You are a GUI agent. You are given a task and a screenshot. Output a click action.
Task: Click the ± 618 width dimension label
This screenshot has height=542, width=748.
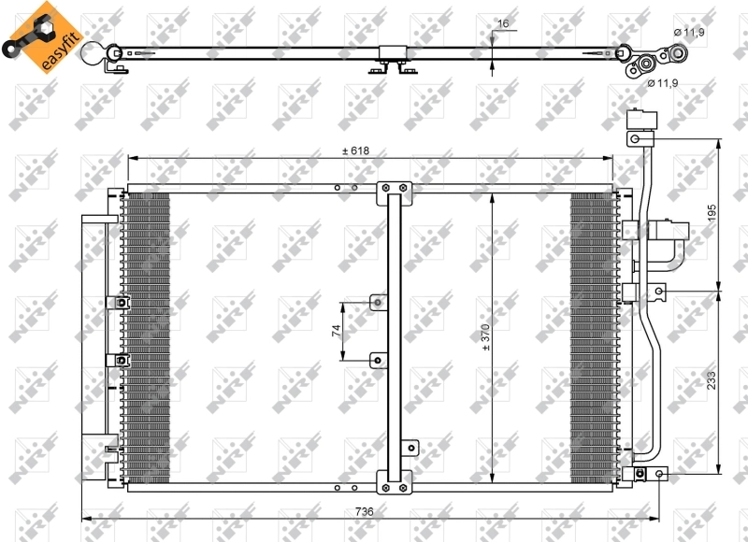point(356,150)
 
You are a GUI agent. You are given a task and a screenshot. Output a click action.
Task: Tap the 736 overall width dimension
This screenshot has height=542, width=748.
point(364,511)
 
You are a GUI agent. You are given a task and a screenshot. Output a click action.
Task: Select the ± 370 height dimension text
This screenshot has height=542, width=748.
point(485,337)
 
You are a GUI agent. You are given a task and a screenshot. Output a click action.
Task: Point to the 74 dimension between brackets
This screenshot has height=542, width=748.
point(337,331)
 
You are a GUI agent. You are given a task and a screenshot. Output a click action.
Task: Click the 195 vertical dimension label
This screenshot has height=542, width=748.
point(712,213)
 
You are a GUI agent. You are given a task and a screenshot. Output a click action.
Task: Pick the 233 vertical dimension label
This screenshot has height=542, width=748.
point(712,380)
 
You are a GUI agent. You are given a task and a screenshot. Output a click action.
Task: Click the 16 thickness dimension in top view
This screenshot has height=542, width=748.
point(503,23)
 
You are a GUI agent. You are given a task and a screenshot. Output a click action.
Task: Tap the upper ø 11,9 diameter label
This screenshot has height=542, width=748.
point(689,33)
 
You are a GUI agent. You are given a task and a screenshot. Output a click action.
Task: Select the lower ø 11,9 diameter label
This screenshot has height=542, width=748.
point(663,83)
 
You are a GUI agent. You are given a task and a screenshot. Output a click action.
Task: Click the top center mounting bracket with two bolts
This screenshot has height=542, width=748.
point(394,193)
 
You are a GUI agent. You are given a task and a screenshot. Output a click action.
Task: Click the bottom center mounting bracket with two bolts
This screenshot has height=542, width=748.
point(394,482)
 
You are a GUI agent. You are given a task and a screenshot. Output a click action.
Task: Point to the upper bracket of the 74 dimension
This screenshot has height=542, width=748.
point(379,302)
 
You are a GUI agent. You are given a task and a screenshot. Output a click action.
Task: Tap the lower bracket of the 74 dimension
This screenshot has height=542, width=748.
point(379,361)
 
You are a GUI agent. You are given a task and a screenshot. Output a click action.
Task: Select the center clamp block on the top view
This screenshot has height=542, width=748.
point(393,53)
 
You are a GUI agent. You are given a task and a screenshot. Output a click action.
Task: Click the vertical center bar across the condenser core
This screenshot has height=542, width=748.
point(394,337)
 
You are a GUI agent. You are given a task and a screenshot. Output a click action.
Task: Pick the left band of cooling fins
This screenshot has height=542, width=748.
point(146,337)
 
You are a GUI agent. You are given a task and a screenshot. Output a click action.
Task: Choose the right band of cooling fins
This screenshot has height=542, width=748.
point(595,337)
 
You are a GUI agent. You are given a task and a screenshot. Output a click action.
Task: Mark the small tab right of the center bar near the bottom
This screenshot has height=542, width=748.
point(410,449)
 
